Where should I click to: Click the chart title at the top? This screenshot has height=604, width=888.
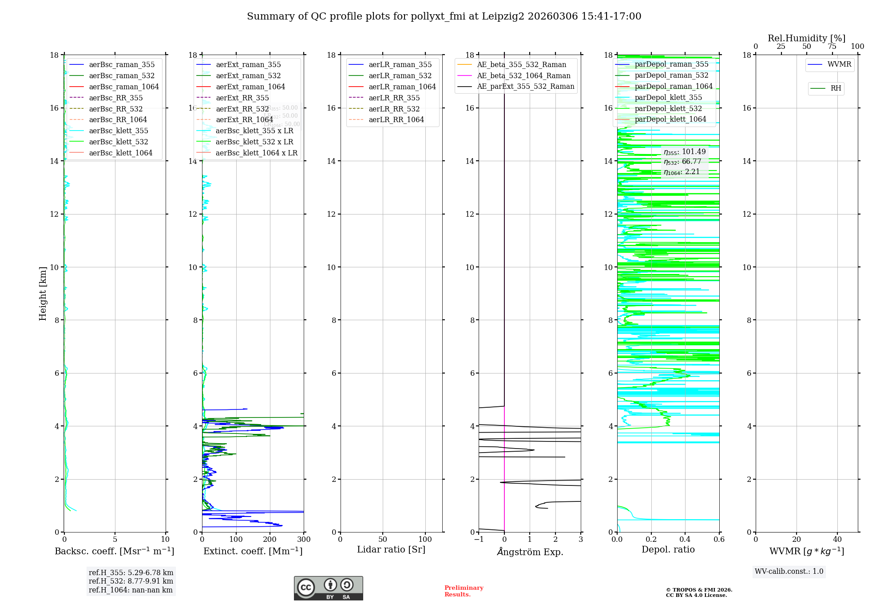[444, 16]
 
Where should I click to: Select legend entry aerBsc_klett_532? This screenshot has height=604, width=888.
[118, 142]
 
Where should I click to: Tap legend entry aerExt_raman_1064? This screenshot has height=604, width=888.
[250, 87]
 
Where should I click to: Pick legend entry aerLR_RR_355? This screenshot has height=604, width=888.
[394, 98]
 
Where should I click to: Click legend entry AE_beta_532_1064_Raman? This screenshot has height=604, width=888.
[523, 76]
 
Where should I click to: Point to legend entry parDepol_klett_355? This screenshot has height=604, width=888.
[668, 98]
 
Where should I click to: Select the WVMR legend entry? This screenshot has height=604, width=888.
[839, 65]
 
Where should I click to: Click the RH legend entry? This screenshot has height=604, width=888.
[835, 88]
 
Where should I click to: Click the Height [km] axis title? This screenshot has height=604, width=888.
[43, 293]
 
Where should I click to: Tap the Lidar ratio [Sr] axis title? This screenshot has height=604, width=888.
[391, 550]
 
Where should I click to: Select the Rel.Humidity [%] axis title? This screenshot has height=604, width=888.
[806, 38]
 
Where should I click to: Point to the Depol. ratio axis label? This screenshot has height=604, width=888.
[668, 550]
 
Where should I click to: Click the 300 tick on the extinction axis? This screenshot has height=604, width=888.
[304, 540]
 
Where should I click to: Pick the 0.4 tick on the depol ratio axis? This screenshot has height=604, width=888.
[685, 540]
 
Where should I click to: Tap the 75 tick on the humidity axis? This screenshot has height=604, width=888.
[832, 47]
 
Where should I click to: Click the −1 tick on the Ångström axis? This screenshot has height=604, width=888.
[479, 540]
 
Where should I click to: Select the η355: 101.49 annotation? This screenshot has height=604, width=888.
[684, 152]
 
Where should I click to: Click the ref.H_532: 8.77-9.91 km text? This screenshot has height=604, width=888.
[131, 581]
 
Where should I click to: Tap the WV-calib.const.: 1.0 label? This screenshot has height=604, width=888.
[789, 572]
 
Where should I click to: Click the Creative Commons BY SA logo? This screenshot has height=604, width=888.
[328, 588]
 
